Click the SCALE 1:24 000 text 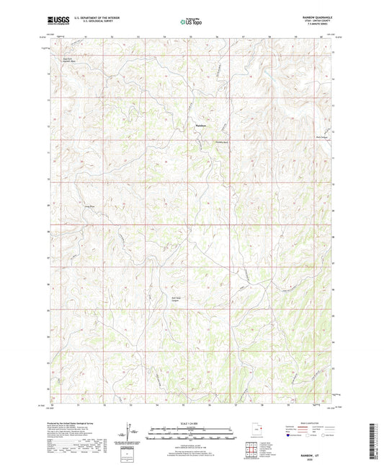click(x=192, y=423)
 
